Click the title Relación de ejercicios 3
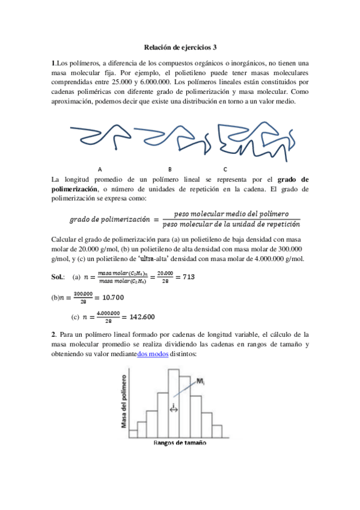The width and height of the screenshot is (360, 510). [180, 46]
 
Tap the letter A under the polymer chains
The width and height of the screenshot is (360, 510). [100, 169]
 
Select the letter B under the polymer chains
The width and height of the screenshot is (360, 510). [170, 169]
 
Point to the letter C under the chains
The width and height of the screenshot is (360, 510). [225, 169]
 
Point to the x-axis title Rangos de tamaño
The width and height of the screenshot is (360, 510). [180, 443]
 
